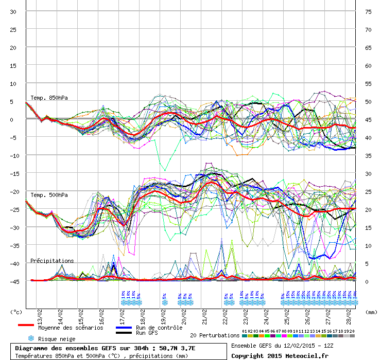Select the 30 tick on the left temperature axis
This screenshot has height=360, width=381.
point(13,12)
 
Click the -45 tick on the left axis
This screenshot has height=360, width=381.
point(13,281)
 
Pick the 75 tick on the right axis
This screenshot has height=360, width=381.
point(368,12)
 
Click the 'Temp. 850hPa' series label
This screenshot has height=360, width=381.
point(49,98)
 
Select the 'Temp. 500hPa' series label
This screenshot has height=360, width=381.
point(49,195)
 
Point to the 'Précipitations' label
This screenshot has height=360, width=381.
point(52,261)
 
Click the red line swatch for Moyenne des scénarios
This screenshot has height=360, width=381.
point(26,325)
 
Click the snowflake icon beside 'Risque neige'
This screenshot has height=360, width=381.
point(31,338)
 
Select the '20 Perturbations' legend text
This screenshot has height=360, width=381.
point(215,335)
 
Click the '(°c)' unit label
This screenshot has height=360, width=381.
point(17,312)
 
